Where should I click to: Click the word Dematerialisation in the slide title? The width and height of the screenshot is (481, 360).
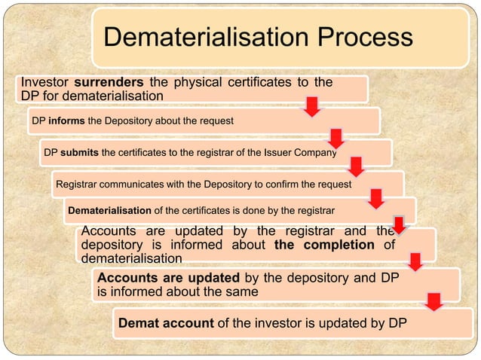click(x=201, y=38)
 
